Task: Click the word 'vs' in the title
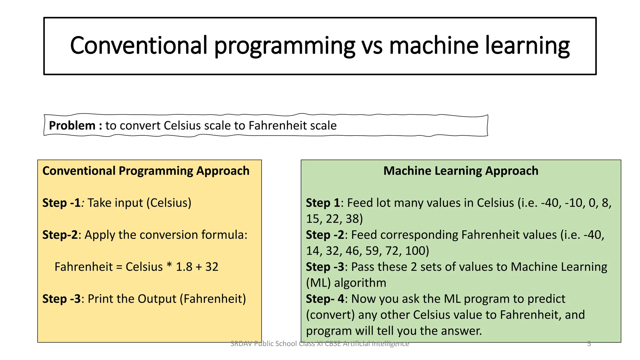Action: pos(372,46)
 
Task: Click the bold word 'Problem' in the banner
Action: pos(72,126)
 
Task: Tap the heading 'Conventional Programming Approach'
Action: pos(146,171)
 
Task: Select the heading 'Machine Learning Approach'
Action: pos(461,171)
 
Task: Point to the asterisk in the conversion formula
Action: pos(169,266)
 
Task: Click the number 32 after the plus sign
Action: pos(212,267)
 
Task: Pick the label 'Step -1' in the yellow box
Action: pos(62,203)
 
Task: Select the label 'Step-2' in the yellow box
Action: pos(60,235)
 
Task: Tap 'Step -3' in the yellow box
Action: pos(62,299)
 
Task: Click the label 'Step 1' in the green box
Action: pos(323,203)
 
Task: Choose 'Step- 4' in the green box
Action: pos(325,299)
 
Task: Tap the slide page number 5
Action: pos(589,344)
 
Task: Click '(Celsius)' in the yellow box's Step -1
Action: pos(171,203)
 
